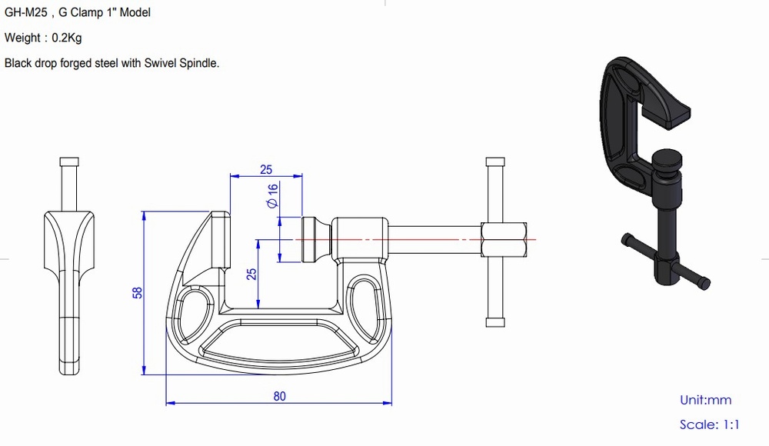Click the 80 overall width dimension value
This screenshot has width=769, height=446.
(x=280, y=396)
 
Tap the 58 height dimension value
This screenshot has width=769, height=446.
(x=138, y=292)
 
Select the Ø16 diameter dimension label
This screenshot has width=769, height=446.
(x=272, y=195)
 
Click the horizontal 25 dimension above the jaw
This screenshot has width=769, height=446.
(x=266, y=169)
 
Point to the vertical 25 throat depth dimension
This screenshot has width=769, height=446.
(x=251, y=274)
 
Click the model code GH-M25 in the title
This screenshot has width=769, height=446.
(x=26, y=13)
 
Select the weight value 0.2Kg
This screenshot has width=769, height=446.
(x=67, y=38)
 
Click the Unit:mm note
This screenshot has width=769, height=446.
(x=705, y=401)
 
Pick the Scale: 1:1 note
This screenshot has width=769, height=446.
(x=709, y=424)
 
